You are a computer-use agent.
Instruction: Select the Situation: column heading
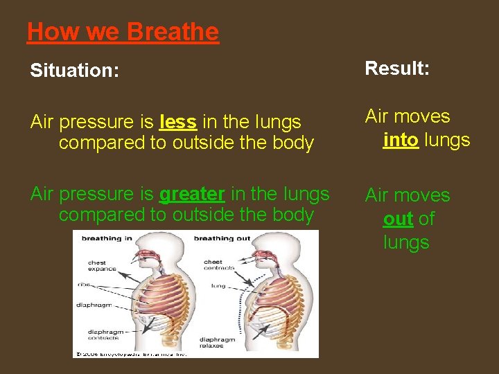pyautogui.click(x=75, y=71)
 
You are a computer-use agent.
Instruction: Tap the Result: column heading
pyautogui.click(x=397, y=68)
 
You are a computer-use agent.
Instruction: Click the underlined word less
pyautogui.click(x=177, y=122)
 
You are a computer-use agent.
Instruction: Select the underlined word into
pyautogui.click(x=400, y=140)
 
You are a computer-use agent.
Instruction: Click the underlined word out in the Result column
pyautogui.click(x=398, y=219)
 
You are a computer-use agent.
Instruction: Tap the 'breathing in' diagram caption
pyautogui.click(x=107, y=238)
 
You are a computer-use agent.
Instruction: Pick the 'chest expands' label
pyautogui.click(x=102, y=266)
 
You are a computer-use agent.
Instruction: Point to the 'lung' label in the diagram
pyautogui.click(x=218, y=285)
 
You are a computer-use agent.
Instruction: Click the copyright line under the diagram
pyautogui.click(x=132, y=353)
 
